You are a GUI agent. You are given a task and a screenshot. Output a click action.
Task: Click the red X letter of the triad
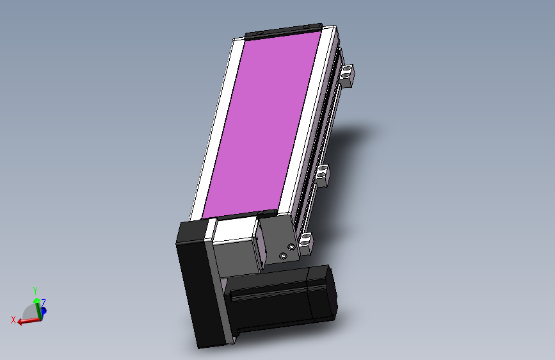coord(13,320)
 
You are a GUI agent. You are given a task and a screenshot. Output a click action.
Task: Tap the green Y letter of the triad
coord(35,291)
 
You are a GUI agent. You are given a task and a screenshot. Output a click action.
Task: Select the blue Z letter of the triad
coord(43,303)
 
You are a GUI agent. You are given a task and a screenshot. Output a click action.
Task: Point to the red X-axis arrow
coord(29,321)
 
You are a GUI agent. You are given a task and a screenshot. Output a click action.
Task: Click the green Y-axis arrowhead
coord(36,301)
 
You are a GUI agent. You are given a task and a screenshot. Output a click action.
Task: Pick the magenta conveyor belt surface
coord(262,124)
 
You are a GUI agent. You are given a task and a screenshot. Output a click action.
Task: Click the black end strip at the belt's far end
coord(283,31)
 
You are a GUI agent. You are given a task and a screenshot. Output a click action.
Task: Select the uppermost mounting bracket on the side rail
coord(346,75)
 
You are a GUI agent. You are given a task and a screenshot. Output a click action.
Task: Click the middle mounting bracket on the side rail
coord(322,175)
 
